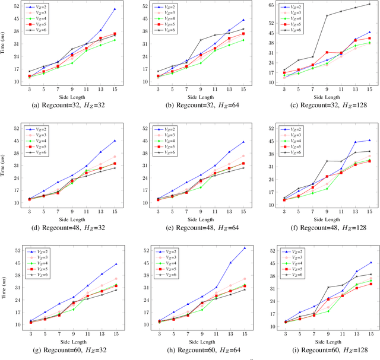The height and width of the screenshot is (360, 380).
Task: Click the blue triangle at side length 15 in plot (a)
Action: (115, 9)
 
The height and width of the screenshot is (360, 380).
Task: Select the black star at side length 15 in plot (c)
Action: (369, 4)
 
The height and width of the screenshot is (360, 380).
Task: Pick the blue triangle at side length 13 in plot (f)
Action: (356, 142)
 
